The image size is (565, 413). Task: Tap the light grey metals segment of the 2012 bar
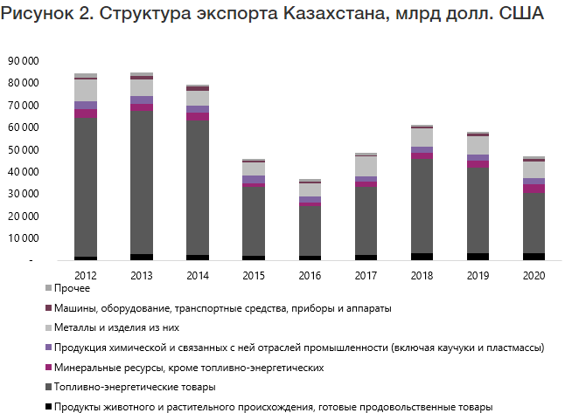[x=85, y=90]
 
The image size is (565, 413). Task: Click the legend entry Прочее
[x=71, y=288]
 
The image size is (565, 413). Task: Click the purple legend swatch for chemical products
[x=48, y=348]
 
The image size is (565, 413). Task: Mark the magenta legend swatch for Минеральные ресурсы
[x=48, y=368]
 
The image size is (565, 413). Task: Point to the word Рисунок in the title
[x=39, y=17]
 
